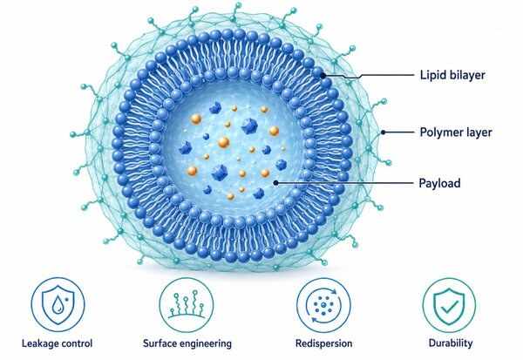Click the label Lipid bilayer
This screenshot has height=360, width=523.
[x=452, y=75]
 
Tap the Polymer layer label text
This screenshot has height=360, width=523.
[x=456, y=132]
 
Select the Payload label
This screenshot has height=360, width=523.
[x=439, y=183]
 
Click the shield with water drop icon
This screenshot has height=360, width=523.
[x=58, y=304]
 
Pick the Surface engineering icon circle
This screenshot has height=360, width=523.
[x=187, y=277]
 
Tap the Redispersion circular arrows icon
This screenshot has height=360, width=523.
[x=323, y=305]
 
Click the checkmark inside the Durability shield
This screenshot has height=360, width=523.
[x=449, y=306]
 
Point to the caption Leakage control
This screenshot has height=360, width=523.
[x=57, y=343]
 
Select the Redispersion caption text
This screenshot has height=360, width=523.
[x=324, y=343]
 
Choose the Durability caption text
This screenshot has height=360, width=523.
[x=451, y=343]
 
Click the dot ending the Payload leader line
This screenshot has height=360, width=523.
[x=275, y=183]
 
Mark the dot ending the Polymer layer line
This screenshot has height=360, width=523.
[x=384, y=132]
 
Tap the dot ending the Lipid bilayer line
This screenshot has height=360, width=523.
[x=323, y=76]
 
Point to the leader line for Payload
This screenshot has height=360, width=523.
[x=344, y=183]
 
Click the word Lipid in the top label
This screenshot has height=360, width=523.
[x=432, y=75]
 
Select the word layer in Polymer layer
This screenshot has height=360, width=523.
[x=476, y=132]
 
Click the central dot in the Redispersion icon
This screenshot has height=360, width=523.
[x=323, y=304]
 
